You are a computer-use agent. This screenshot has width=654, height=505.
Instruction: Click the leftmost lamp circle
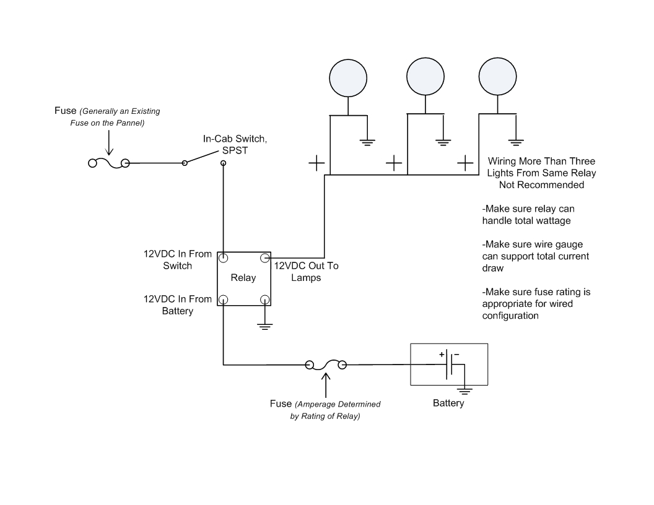(x=348, y=77)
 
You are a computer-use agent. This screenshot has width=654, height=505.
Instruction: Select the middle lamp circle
(x=425, y=77)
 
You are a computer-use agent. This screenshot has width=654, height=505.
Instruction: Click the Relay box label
(x=243, y=278)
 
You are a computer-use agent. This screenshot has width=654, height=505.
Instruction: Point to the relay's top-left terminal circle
(x=224, y=257)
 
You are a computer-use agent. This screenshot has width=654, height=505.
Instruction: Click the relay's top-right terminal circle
(x=264, y=257)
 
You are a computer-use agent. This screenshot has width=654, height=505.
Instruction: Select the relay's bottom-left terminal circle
(x=224, y=300)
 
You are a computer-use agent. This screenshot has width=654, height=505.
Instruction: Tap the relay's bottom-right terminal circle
(x=264, y=300)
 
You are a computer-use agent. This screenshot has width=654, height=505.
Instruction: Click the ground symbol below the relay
(x=265, y=326)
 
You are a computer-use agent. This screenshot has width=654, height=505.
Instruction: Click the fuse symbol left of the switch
(x=108, y=163)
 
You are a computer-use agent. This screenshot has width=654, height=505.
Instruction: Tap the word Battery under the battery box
(x=448, y=404)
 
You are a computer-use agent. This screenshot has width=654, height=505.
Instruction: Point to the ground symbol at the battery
(x=465, y=390)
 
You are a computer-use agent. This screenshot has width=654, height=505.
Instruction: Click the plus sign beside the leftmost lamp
(x=316, y=163)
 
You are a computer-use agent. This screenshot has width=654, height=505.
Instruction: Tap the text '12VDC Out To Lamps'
(x=306, y=272)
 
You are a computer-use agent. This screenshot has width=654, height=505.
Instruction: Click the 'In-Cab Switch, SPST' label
(x=227, y=145)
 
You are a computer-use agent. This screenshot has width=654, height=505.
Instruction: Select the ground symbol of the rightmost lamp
(x=513, y=141)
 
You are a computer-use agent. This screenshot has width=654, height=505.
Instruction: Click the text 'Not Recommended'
(x=542, y=184)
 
